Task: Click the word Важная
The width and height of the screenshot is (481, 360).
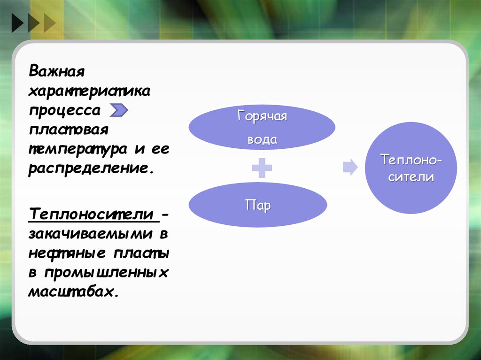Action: pyautogui.click(x=56, y=71)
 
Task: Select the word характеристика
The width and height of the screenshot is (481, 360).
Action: pyautogui.click(x=89, y=91)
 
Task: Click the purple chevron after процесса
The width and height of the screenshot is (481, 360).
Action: pyautogui.click(x=119, y=110)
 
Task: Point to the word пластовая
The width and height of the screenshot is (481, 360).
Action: pyautogui.click(x=69, y=130)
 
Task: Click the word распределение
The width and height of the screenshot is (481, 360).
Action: pyautogui.click(x=91, y=169)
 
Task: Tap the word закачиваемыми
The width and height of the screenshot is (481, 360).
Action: pyautogui.click(x=91, y=234)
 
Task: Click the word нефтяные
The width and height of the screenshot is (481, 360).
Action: pyautogui.click(x=67, y=254)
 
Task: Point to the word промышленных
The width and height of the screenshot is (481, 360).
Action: pyautogui.click(x=107, y=273)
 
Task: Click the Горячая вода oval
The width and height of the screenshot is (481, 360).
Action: pyautogui.click(x=262, y=127)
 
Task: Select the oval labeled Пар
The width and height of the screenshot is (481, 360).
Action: pyautogui.click(x=258, y=205)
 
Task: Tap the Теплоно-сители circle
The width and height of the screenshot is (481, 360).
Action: pyautogui.click(x=411, y=168)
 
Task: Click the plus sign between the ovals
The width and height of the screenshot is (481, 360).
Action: pyautogui.click(x=262, y=168)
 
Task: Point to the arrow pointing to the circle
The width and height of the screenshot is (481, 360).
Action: pyautogui.click(x=350, y=168)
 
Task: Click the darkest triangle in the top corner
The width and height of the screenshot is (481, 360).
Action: pyautogui.click(x=18, y=23)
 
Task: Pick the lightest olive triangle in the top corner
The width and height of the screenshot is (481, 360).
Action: pyautogui.click(x=50, y=23)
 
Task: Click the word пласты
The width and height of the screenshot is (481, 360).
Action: pyautogui.click(x=141, y=253)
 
